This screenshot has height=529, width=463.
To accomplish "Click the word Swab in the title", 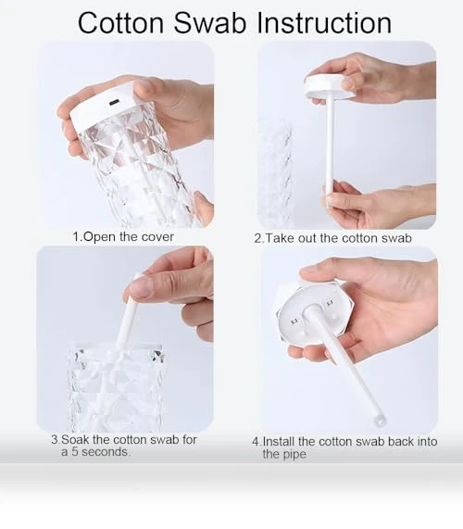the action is tap(210, 22).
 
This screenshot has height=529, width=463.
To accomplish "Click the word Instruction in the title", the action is tap(324, 22).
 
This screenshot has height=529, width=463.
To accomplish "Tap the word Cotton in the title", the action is tap(120, 22).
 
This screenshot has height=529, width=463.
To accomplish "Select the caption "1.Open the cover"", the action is tap(123, 236).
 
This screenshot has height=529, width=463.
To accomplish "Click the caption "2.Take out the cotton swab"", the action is tap(332, 238).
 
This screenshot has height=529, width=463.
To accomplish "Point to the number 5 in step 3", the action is tap(75, 452).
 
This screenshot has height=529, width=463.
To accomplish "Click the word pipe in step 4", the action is tap(284, 454).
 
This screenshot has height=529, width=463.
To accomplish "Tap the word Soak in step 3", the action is tap(76, 439).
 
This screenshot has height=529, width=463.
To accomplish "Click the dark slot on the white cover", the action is tap(114, 102).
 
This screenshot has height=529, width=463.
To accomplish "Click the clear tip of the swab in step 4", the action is tap(380, 421).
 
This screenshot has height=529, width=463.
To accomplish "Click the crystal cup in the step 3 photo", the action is tap(117, 388).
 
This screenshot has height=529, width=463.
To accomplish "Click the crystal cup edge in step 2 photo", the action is tap(276, 172).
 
